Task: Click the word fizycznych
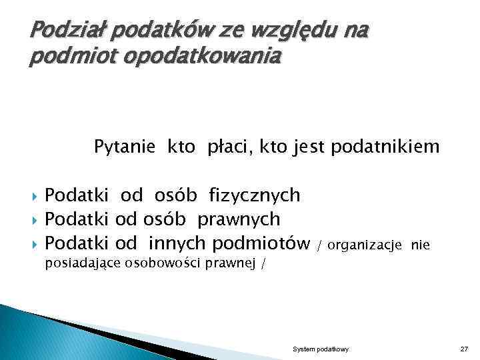tap(254, 195)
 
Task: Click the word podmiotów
tap(261, 243)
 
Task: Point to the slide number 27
tap(464, 349)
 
